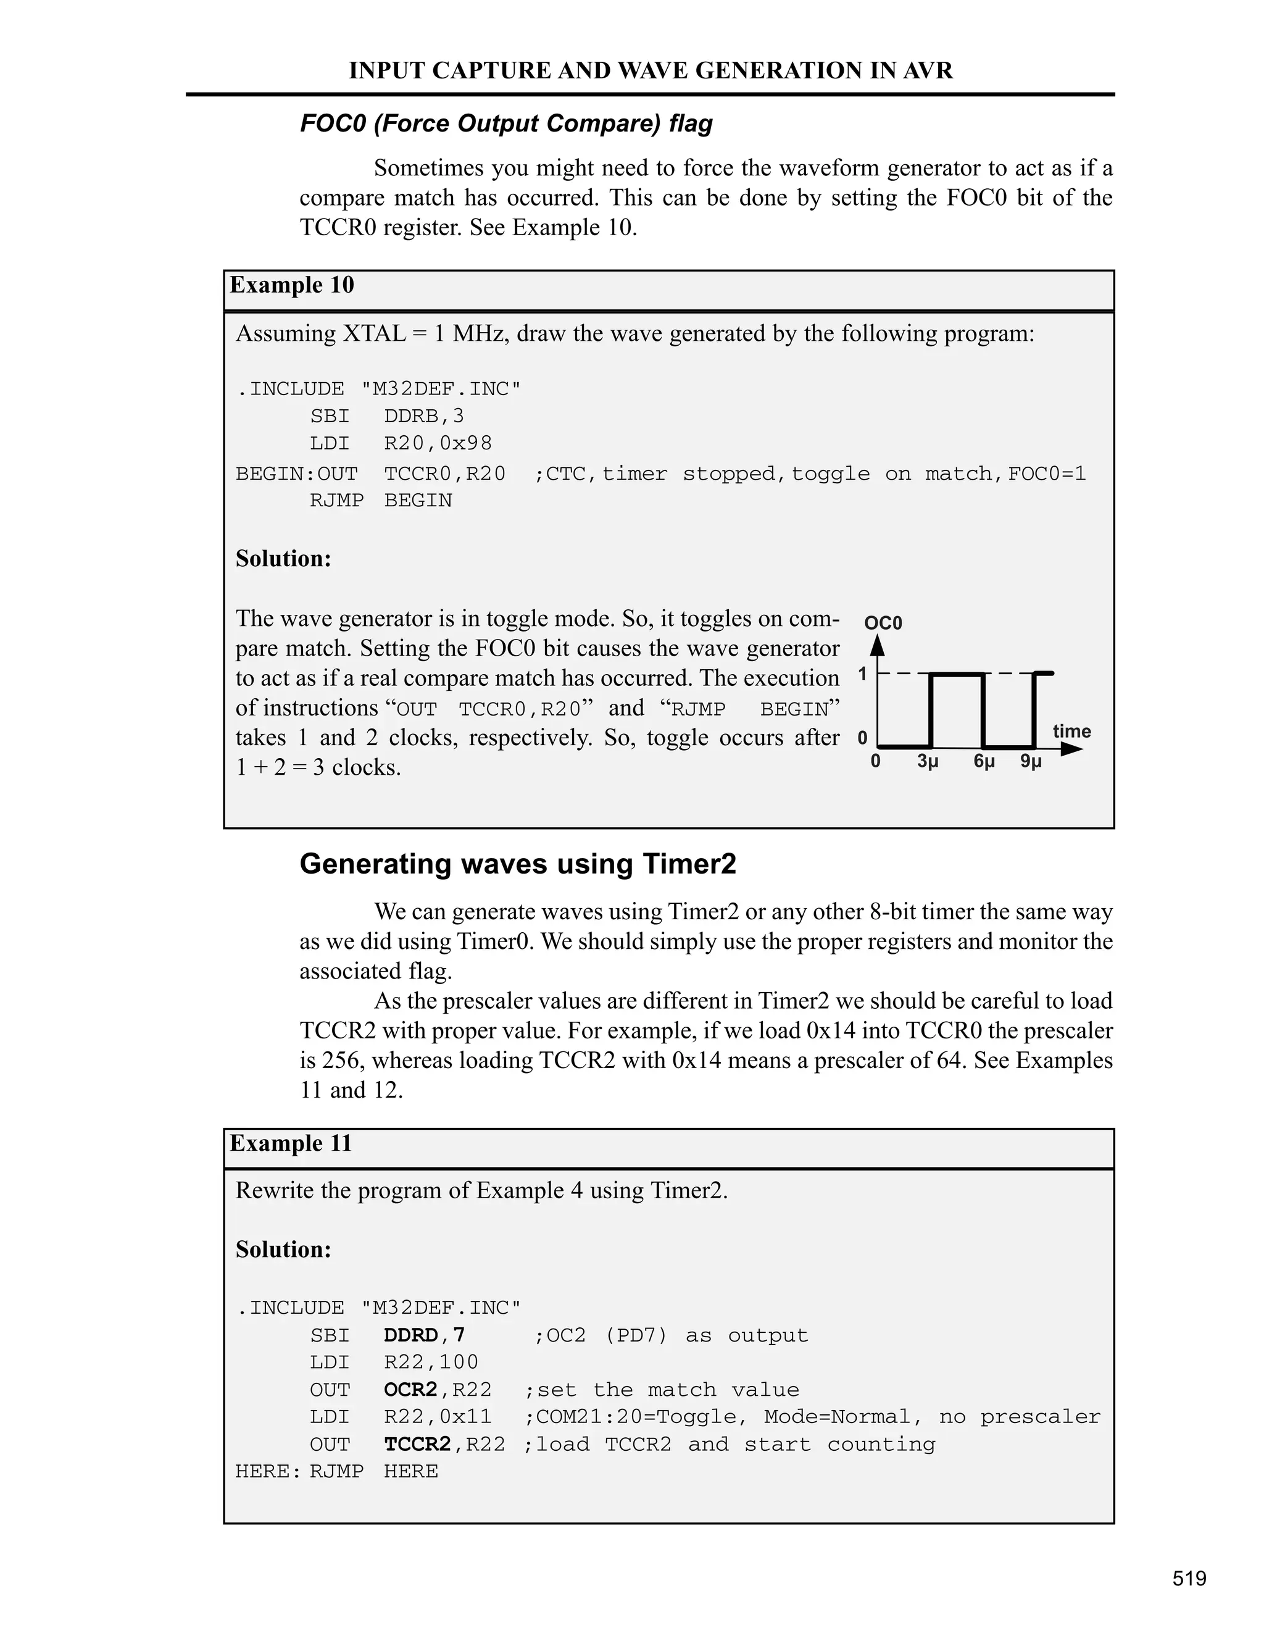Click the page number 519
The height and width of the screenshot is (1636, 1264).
tap(1189, 1579)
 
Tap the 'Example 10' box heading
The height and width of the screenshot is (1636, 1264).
tap(291, 285)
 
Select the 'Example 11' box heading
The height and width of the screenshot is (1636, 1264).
tap(291, 1144)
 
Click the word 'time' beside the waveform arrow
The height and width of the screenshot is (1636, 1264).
tap(1071, 731)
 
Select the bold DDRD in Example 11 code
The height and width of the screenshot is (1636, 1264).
tap(410, 1335)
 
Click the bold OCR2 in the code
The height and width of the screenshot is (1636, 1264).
tap(410, 1390)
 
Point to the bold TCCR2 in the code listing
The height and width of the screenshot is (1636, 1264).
tap(417, 1445)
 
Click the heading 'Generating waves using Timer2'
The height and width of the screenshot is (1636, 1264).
tap(517, 864)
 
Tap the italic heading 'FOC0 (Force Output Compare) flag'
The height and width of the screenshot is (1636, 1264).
tap(506, 123)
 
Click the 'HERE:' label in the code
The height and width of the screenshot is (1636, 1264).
tap(267, 1472)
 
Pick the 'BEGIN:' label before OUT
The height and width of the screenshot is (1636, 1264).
tap(275, 474)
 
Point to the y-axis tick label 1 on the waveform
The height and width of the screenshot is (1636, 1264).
tap(863, 675)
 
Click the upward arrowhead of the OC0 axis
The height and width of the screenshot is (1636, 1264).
tap(878, 645)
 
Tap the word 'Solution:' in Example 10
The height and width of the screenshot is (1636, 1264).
tap(283, 559)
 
